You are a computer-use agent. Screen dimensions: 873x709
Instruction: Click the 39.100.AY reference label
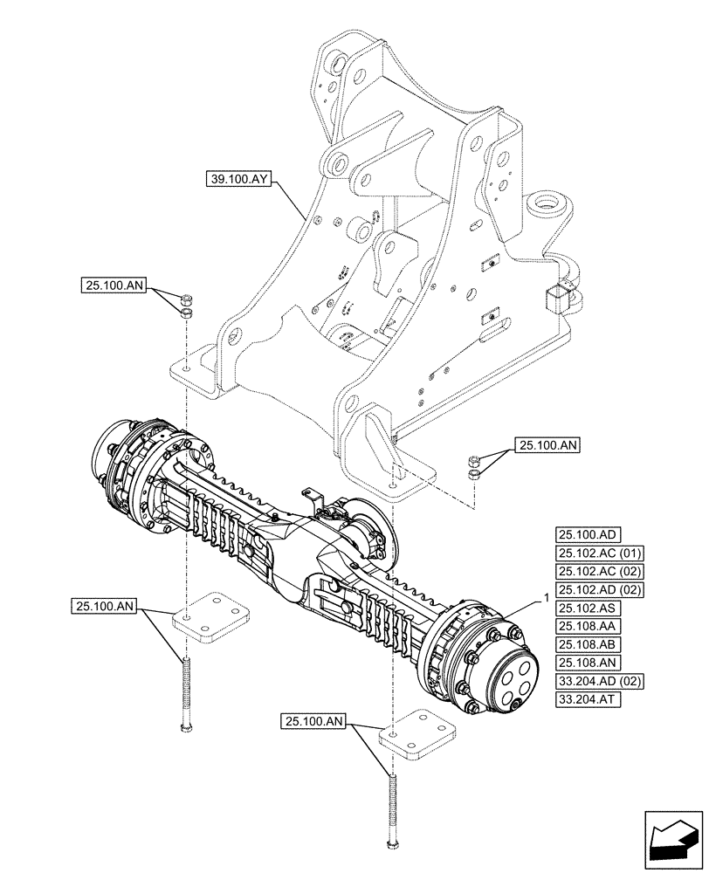tap(241, 181)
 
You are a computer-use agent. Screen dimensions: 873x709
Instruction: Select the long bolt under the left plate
tap(185, 695)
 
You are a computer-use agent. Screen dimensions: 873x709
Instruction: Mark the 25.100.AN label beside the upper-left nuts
tap(116, 285)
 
